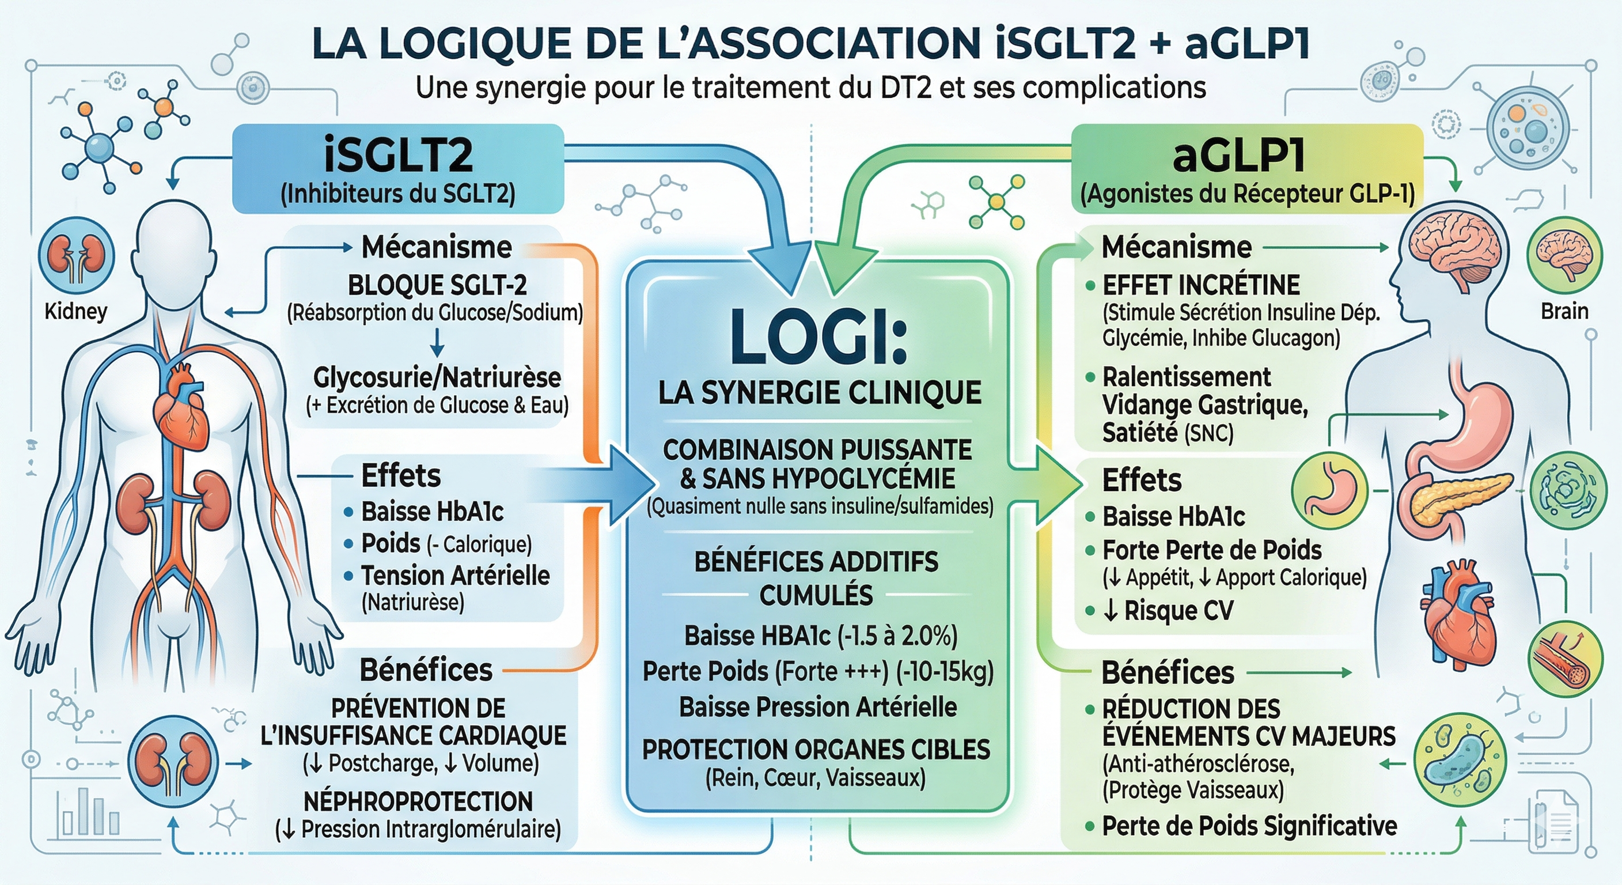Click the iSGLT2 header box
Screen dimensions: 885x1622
[398, 168]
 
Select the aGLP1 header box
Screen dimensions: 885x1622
[1246, 168]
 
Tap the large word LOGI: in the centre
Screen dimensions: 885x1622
[818, 337]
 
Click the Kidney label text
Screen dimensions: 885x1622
[75, 311]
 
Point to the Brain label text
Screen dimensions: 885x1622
[1564, 311]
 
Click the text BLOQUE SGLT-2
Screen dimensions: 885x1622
[437, 285]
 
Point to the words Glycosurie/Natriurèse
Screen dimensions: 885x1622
[437, 377]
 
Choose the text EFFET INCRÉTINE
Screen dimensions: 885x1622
[1201, 285]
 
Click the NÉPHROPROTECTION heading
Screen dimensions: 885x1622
[418, 801]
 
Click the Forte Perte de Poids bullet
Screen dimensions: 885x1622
[1211, 550]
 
